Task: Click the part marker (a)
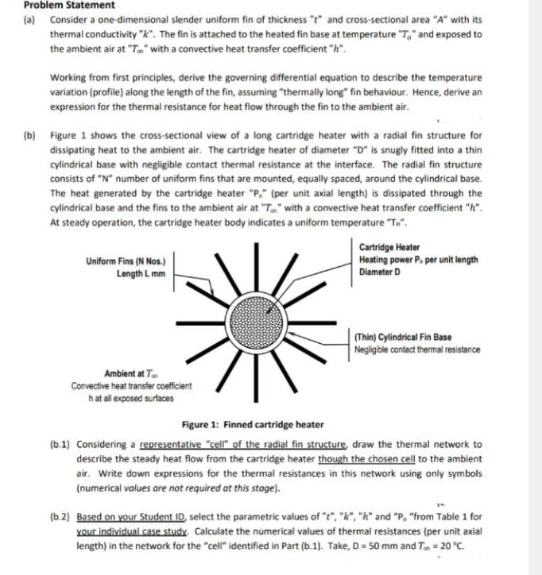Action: (x=30, y=19)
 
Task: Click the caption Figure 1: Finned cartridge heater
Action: (x=253, y=425)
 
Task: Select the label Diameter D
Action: (x=380, y=272)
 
